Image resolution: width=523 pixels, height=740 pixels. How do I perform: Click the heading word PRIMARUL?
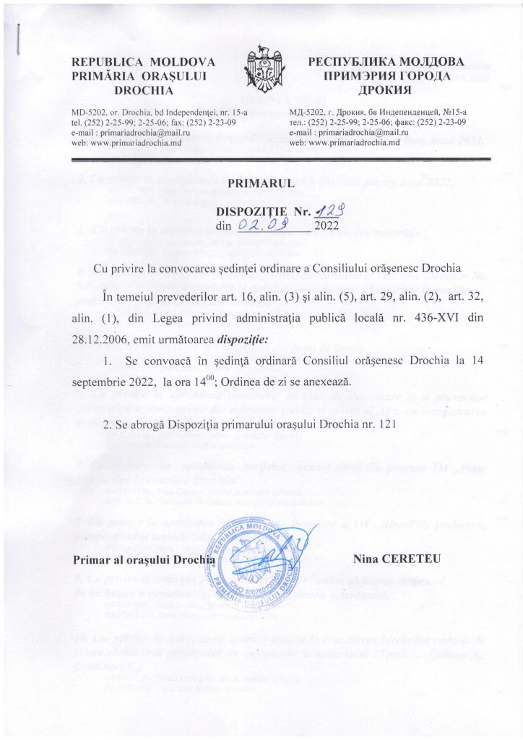coord(261,183)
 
